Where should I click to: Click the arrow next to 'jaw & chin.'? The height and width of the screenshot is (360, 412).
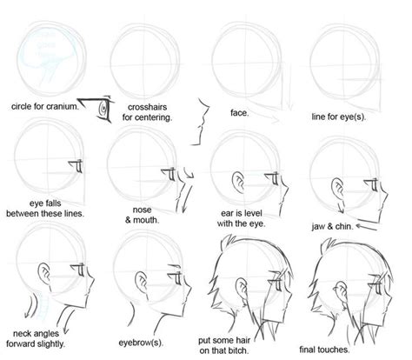[x=366, y=223]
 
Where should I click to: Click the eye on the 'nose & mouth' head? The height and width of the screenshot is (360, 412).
[x=162, y=166]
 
